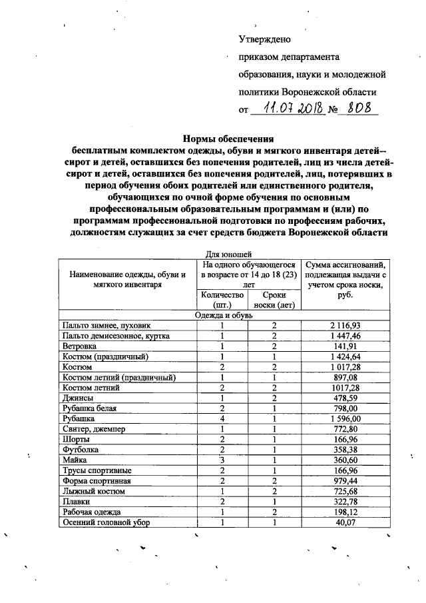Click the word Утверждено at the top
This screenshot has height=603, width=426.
point(265,40)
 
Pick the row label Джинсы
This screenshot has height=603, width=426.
point(75,398)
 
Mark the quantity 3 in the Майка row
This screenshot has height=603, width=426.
point(220,460)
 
